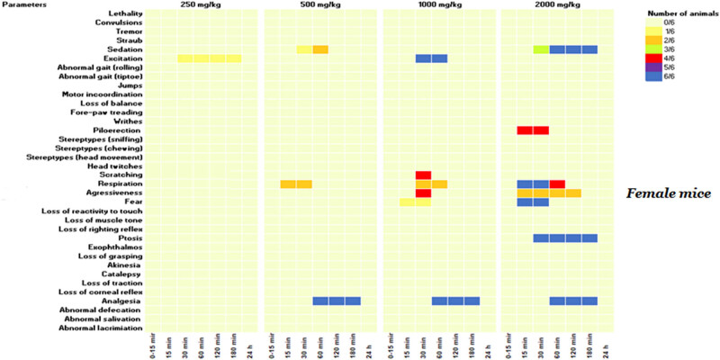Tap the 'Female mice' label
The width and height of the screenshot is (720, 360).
(x=669, y=193)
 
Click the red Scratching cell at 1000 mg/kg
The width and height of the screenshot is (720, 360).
(x=423, y=175)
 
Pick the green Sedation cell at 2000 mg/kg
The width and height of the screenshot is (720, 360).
(x=540, y=49)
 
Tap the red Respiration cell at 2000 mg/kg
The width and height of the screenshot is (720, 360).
(x=556, y=184)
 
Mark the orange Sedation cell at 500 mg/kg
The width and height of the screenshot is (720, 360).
(x=320, y=49)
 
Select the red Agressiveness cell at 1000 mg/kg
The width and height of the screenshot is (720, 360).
(x=423, y=193)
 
